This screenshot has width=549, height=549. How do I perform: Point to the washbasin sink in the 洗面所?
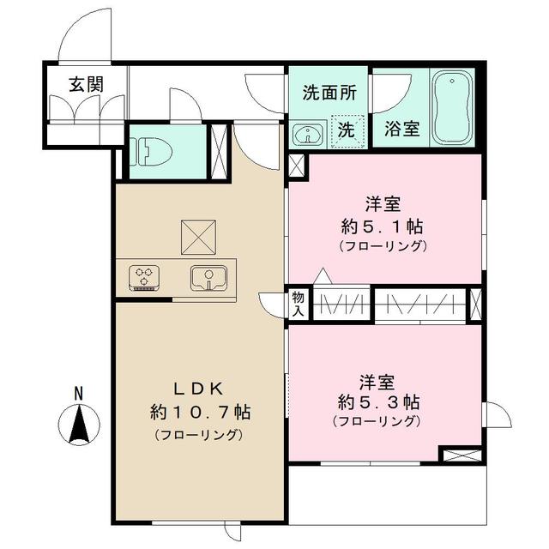(305, 134)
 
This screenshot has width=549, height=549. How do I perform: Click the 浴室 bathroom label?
(401, 130)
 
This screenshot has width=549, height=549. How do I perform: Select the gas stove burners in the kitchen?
(143, 277)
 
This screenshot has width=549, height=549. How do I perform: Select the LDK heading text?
(198, 385)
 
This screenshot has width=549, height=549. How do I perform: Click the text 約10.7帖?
(198, 412)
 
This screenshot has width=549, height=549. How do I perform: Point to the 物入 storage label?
(298, 304)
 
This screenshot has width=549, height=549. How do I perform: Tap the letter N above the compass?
(78, 394)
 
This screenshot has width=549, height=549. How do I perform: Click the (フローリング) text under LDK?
(198, 435)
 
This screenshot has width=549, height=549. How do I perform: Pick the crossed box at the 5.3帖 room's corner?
(461, 455)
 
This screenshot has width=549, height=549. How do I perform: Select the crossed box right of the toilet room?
(219, 152)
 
